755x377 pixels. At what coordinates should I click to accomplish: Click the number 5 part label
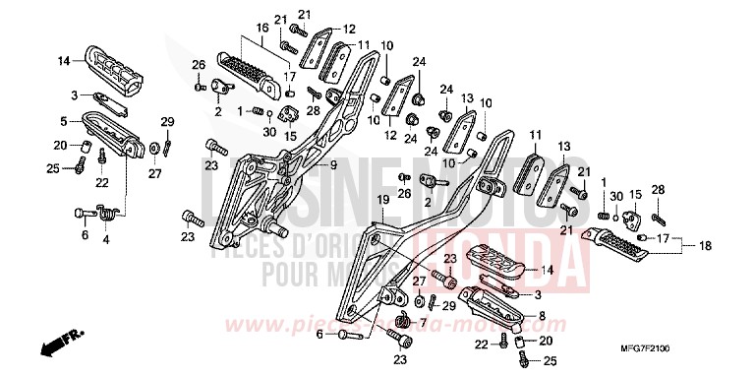click(x=63, y=122)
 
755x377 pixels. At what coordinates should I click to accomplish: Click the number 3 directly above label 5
click(x=73, y=94)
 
